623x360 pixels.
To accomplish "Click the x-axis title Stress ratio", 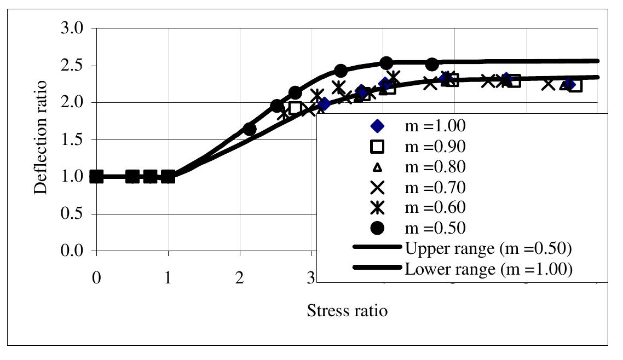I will pos(347,311).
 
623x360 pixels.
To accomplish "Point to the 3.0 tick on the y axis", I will pos(73,28).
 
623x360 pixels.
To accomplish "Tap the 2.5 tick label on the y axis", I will pos(73,66).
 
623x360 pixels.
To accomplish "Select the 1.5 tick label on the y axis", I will pos(73,140).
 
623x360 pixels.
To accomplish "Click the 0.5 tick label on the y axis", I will pos(73,214).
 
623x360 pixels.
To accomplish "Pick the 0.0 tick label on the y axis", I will pos(73,251).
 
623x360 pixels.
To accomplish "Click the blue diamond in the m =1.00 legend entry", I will pos(378,126).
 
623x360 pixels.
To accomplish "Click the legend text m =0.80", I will pos(435,167).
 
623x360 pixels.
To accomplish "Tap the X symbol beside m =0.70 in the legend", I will pos(378,187).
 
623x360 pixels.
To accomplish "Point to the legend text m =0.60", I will pos(435,207).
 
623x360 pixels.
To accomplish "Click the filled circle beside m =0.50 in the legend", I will pos(378,228).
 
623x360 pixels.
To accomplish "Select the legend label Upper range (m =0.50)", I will pos(488,248).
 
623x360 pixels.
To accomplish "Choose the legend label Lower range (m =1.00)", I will pos(488,269).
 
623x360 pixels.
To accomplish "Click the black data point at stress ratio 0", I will pos(96,177).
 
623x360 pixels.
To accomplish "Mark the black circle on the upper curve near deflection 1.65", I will pos(250,129).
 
